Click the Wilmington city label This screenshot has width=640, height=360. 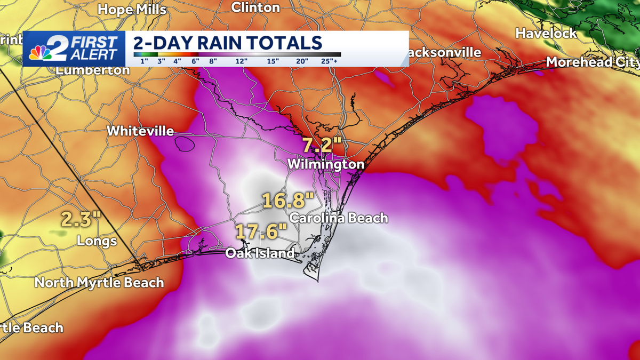coord(325,164)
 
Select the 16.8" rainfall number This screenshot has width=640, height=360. coord(287,201)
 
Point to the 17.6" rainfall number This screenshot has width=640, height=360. coord(261,232)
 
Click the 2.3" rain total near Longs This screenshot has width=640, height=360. coord(81,219)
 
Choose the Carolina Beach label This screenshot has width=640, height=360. coord(338,218)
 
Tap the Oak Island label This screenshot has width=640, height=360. coord(260,253)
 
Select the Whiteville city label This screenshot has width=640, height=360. coord(140,131)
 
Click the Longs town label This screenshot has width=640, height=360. coord(97,241)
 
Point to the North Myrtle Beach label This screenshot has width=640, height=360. coord(99,282)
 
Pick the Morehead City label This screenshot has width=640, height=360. coord(593,62)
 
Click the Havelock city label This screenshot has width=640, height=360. coord(546,33)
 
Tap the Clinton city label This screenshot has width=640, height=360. coord(255,7)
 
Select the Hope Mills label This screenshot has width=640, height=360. coord(132,9)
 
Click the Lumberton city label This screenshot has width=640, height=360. coord(93,70)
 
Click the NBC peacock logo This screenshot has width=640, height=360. coord(38,53)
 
